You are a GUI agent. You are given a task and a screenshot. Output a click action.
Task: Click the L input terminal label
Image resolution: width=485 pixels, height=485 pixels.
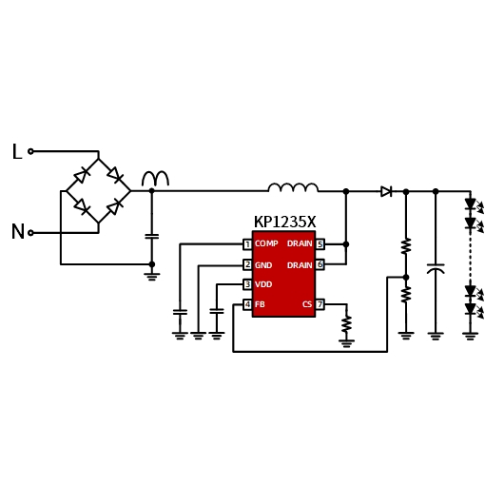[17, 151]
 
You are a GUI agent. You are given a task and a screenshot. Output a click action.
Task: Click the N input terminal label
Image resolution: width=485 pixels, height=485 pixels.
[18, 231]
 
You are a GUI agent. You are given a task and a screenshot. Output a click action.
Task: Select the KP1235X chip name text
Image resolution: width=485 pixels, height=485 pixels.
[284, 222]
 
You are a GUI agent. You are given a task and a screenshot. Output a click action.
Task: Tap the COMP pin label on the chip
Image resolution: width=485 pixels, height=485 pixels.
[266, 243]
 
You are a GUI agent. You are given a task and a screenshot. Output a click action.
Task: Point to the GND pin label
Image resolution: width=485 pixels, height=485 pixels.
[263, 265]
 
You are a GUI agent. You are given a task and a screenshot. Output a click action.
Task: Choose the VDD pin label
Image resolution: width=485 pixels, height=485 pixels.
[263, 284]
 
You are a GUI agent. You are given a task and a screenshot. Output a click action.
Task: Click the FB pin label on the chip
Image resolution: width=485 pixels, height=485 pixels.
[260, 304]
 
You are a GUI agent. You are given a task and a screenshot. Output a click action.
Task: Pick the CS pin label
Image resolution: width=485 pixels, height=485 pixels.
[307, 304]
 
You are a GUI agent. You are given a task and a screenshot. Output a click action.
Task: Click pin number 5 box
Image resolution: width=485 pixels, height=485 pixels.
[320, 244]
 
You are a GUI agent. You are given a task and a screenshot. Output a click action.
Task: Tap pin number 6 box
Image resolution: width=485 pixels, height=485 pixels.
[320, 264]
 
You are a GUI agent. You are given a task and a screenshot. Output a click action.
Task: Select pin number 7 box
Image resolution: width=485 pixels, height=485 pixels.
[320, 304]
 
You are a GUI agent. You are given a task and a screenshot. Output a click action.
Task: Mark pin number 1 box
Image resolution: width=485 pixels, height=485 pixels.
[247, 244]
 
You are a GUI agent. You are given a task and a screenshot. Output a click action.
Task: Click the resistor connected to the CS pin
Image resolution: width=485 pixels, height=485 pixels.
[346, 324]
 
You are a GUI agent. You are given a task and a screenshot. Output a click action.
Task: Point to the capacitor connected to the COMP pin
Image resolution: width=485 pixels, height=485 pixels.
[180, 312]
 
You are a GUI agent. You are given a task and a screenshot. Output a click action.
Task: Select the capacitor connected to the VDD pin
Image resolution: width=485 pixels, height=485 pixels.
[217, 311]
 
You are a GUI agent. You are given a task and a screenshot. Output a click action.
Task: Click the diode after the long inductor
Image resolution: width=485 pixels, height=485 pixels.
[386, 191]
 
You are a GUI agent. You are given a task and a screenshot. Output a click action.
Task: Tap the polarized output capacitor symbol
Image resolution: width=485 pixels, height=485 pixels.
[436, 268]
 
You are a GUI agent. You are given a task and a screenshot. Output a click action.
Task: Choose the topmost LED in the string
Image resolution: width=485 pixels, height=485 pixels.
[470, 204]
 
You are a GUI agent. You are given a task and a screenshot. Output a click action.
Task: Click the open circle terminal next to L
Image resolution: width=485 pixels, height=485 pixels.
[30, 151]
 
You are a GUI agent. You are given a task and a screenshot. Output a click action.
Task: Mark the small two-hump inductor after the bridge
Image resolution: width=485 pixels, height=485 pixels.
[155, 179]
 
